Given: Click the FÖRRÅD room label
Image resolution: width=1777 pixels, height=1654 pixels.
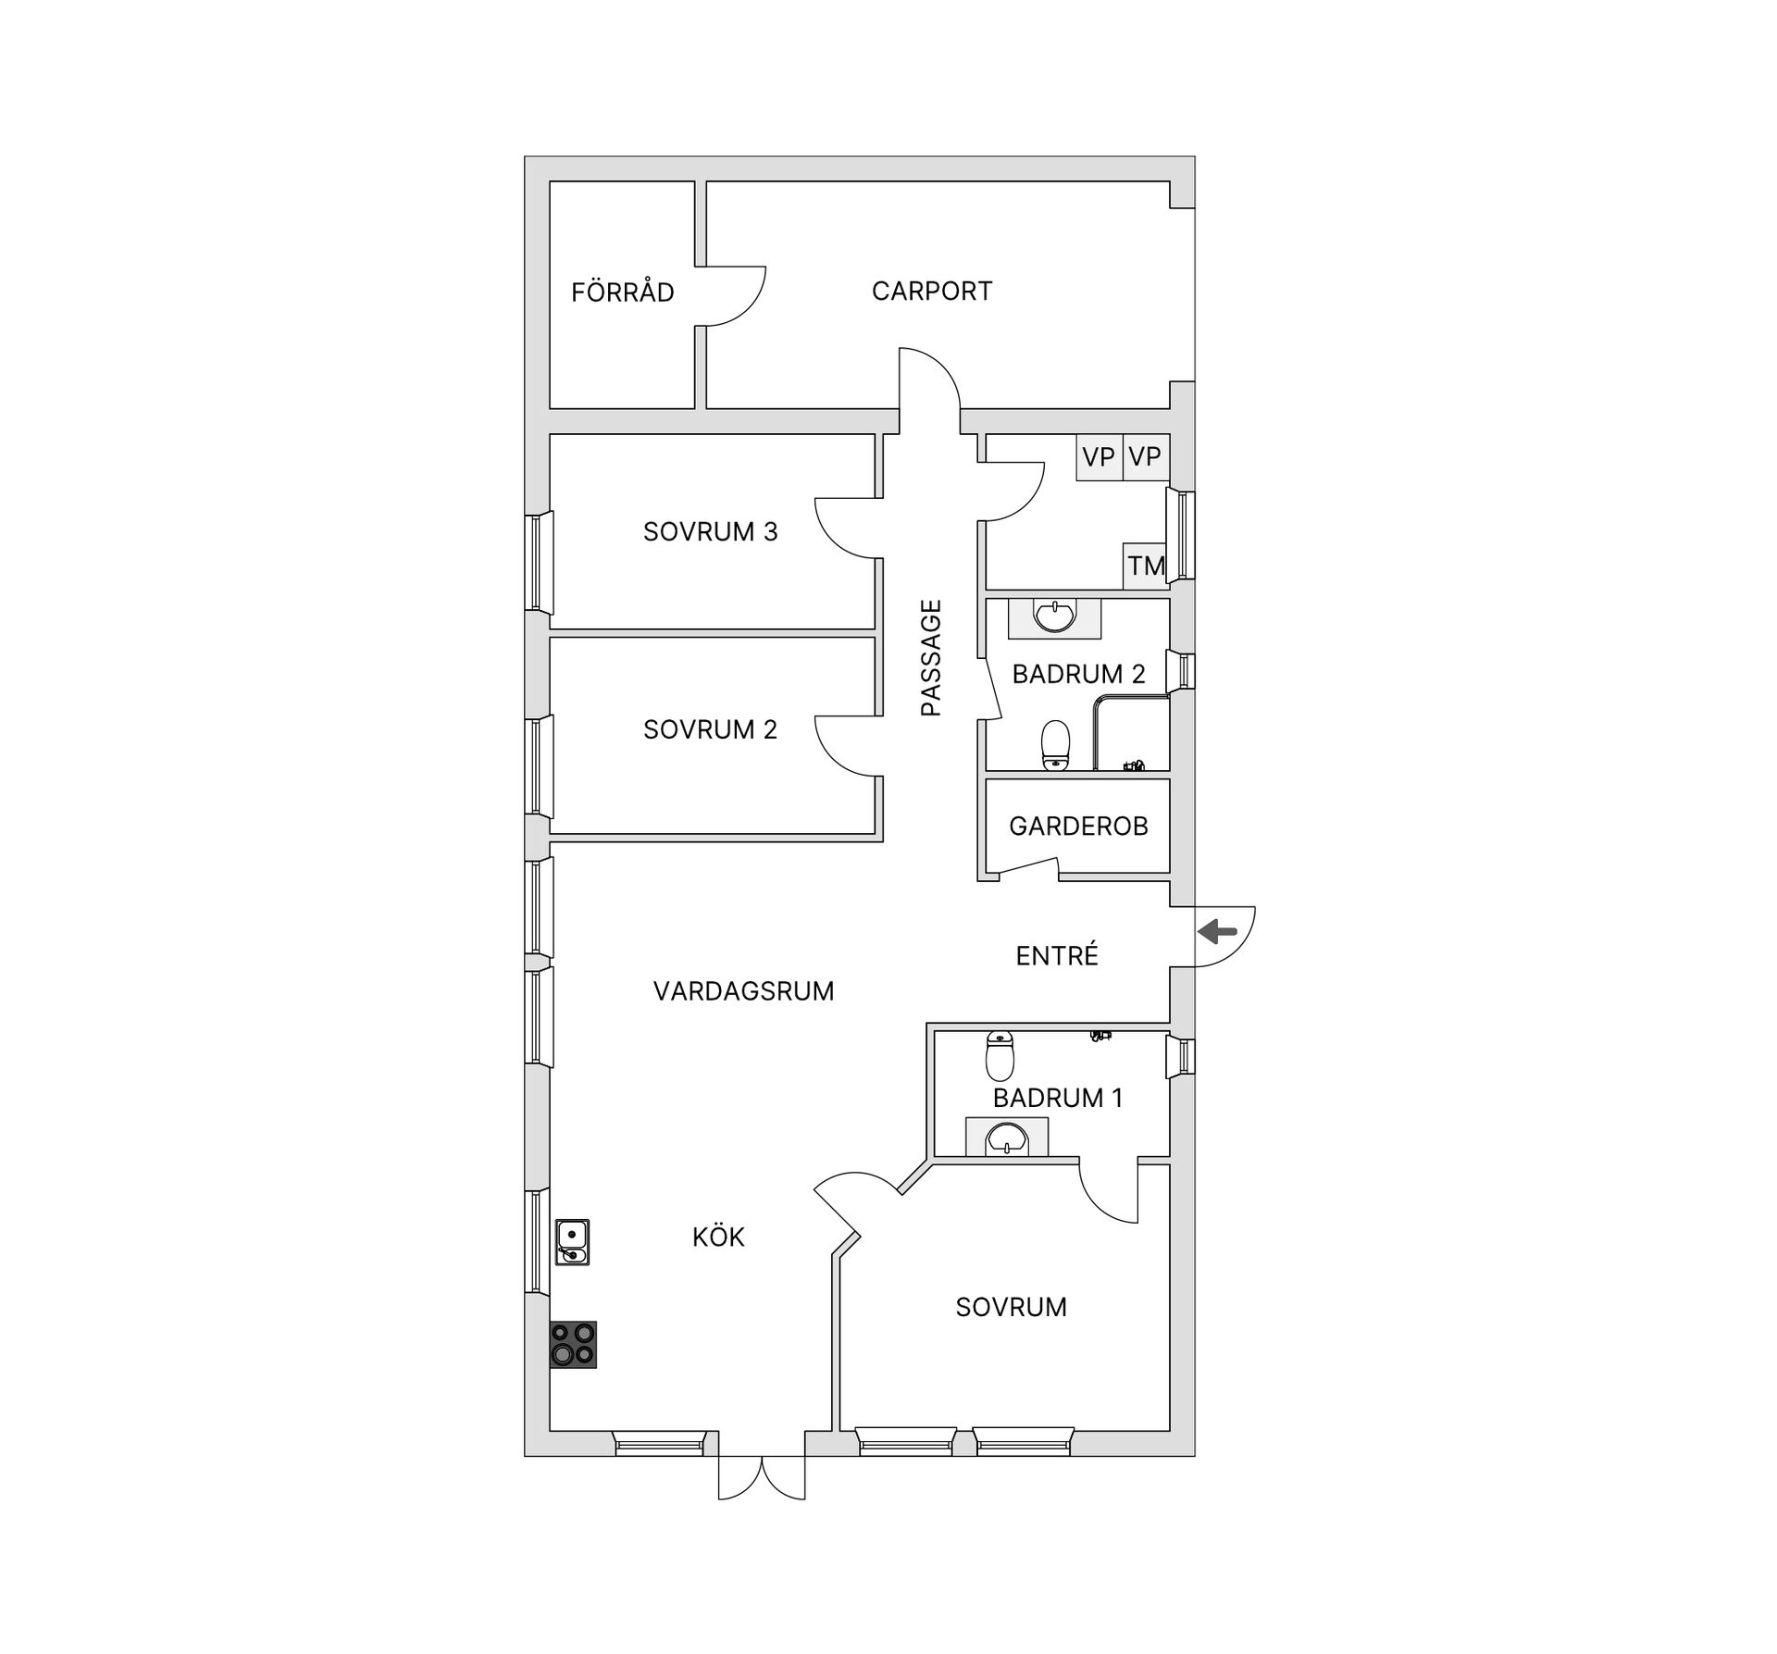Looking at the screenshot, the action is tap(622, 292).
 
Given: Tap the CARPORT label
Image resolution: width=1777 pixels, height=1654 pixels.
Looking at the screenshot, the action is tap(932, 291).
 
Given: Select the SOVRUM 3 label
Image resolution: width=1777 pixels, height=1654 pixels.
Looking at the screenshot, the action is tap(710, 531).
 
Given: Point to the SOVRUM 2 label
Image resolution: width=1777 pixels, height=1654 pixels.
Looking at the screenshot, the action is tap(710, 729).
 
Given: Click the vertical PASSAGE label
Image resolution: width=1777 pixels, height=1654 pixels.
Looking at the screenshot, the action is tap(931, 658).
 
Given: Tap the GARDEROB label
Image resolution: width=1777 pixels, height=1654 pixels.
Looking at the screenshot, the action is tap(1078, 826).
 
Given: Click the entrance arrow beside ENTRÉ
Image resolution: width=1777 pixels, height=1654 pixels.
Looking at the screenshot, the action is tap(1218, 931).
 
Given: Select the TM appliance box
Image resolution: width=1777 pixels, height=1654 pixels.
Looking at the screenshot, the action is tap(1146, 566).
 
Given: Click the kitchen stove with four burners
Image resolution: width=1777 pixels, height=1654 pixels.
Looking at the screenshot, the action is tap(573, 1344).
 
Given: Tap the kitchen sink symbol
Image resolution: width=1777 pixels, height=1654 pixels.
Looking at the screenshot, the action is tap(573, 1242).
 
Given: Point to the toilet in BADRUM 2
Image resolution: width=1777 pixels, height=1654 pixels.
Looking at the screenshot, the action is tap(1055, 746).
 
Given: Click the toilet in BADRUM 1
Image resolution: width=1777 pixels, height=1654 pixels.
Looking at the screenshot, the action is tap(1000, 1055).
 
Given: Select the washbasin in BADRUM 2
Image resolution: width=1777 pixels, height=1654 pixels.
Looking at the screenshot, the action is tap(1054, 617).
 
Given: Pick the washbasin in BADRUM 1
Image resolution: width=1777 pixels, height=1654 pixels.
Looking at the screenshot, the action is tap(1006, 1137).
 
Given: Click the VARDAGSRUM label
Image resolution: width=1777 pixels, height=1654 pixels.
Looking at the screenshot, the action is tap(743, 991).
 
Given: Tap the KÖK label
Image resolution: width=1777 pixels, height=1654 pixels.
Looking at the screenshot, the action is tap(718, 1237).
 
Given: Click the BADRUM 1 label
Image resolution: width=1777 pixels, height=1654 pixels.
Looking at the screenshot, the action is tap(1057, 1098).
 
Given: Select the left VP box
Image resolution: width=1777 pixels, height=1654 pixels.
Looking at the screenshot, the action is tap(1099, 457).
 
